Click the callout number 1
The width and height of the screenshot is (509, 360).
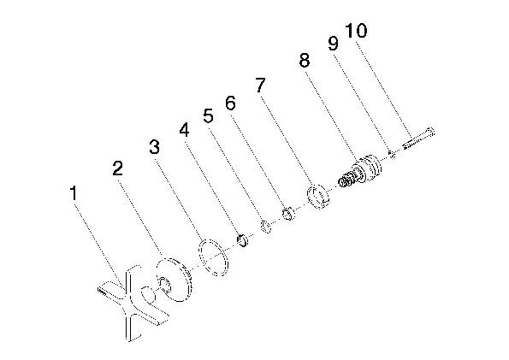point(74,192)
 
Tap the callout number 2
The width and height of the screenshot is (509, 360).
point(117,168)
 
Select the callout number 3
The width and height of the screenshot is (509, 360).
point(155,147)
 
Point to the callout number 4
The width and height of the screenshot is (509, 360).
point(184,130)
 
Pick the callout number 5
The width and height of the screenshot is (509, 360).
point(209,116)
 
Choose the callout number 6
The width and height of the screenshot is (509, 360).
point(230,103)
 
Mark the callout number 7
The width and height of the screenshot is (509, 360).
point(260,85)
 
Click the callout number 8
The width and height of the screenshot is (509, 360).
point(305,60)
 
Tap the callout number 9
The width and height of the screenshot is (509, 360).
point(333,43)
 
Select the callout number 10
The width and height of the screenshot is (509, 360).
point(356,30)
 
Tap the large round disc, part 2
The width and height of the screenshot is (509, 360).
point(175,280)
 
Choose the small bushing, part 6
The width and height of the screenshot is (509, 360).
point(288,214)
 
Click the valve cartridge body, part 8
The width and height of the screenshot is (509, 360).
point(361,170)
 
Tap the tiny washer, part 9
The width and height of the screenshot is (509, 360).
point(392,154)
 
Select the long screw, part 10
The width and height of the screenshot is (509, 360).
point(418,139)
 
